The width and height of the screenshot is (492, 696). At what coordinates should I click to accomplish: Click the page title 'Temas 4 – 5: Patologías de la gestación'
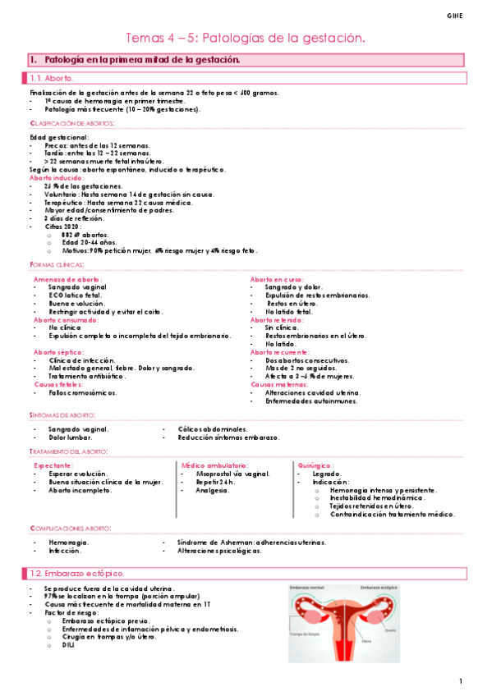point(245,39)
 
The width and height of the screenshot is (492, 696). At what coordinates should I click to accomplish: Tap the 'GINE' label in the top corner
point(454,16)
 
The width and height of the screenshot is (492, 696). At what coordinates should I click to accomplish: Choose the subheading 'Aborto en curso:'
point(277,280)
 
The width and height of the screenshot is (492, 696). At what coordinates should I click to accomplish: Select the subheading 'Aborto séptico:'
point(58,352)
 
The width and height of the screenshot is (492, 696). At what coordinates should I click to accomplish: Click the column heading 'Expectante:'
point(52,465)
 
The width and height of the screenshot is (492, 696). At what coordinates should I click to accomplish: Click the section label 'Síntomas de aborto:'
point(62,416)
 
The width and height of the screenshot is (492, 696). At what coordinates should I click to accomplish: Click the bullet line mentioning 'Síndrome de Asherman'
point(251,543)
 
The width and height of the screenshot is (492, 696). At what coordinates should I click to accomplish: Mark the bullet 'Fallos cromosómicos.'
point(83,392)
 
